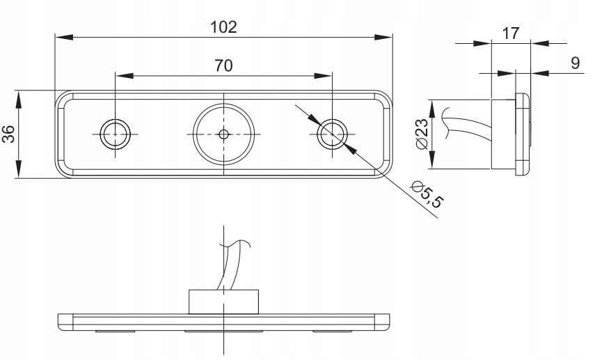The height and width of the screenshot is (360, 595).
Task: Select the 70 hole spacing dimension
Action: (x=223, y=65)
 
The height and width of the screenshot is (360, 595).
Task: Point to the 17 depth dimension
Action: (x=509, y=32)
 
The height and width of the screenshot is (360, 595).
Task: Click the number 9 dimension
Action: (x=575, y=63)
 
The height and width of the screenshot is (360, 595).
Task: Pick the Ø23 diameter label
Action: (x=420, y=134)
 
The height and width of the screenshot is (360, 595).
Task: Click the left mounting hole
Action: (x=115, y=134)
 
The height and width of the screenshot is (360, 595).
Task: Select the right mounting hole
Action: (x=332, y=134)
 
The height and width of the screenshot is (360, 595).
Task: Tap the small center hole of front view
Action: (x=223, y=134)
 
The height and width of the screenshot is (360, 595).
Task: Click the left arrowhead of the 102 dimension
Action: (x=61, y=37)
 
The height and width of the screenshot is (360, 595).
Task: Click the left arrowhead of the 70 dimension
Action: (x=122, y=75)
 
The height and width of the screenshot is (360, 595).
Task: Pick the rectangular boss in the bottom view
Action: (x=223, y=302)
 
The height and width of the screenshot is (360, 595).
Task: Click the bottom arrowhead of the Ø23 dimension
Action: (x=432, y=164)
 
